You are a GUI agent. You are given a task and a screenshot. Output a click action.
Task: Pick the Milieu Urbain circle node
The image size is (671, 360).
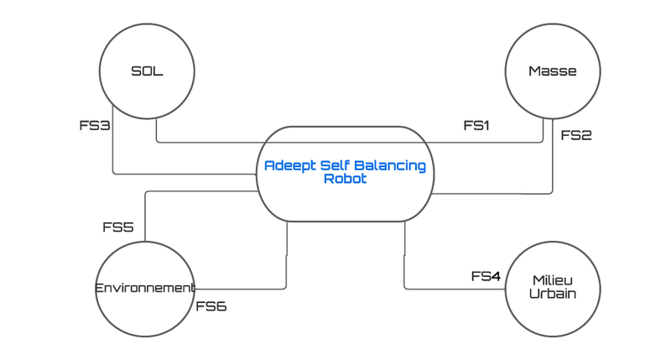(x=554, y=290)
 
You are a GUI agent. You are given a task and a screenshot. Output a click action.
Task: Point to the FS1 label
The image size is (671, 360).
(x=476, y=126)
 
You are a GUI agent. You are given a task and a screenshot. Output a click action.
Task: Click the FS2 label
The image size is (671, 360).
(x=576, y=134)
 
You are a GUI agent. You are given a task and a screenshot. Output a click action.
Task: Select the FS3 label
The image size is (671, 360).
(x=95, y=126)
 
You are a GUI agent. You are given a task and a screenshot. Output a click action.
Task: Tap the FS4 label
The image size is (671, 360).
(x=486, y=276)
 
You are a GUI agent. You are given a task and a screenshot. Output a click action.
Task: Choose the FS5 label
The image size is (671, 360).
(x=118, y=227)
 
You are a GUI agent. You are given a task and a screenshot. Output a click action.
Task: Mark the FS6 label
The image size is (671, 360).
(x=211, y=306)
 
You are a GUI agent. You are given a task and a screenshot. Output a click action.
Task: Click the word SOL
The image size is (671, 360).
(x=147, y=71)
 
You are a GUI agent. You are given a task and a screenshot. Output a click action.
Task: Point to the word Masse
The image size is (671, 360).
(x=552, y=71)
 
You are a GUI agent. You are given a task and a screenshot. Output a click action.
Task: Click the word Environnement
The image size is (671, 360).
(x=145, y=288)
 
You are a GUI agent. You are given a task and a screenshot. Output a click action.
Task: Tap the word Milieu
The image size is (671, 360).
(x=554, y=280)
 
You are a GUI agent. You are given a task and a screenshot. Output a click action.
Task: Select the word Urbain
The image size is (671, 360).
(x=554, y=294)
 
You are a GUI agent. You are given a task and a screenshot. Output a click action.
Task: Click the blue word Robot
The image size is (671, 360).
(x=345, y=179)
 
